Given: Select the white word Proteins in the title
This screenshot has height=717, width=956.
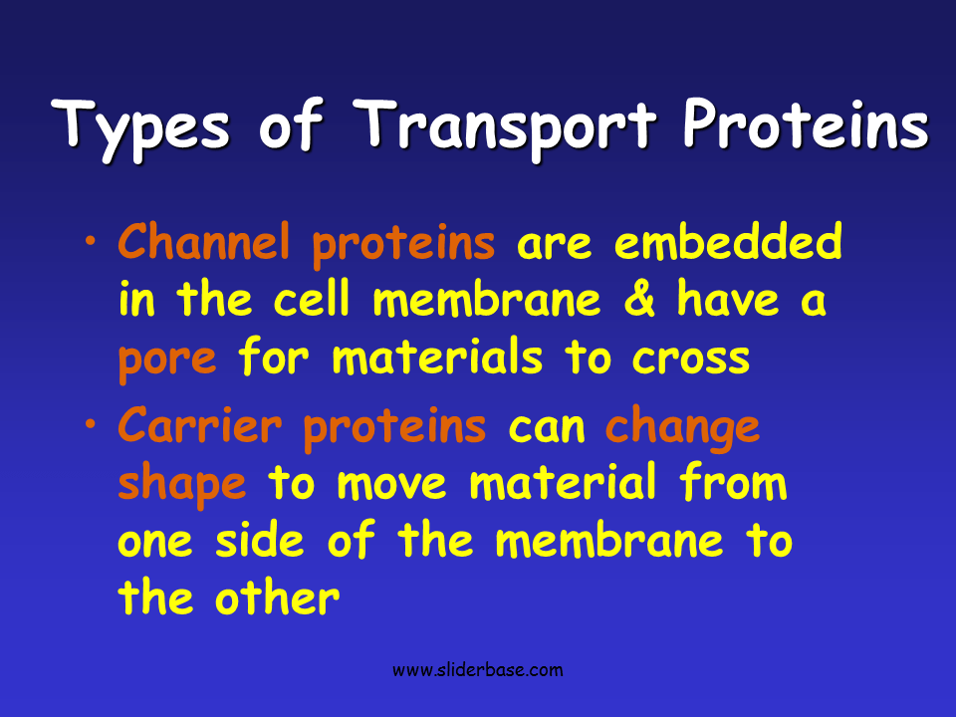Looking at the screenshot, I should click(x=806, y=126).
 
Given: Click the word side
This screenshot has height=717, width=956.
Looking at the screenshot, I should click(x=268, y=542).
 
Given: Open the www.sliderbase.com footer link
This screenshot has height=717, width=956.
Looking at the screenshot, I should click(x=477, y=670).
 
